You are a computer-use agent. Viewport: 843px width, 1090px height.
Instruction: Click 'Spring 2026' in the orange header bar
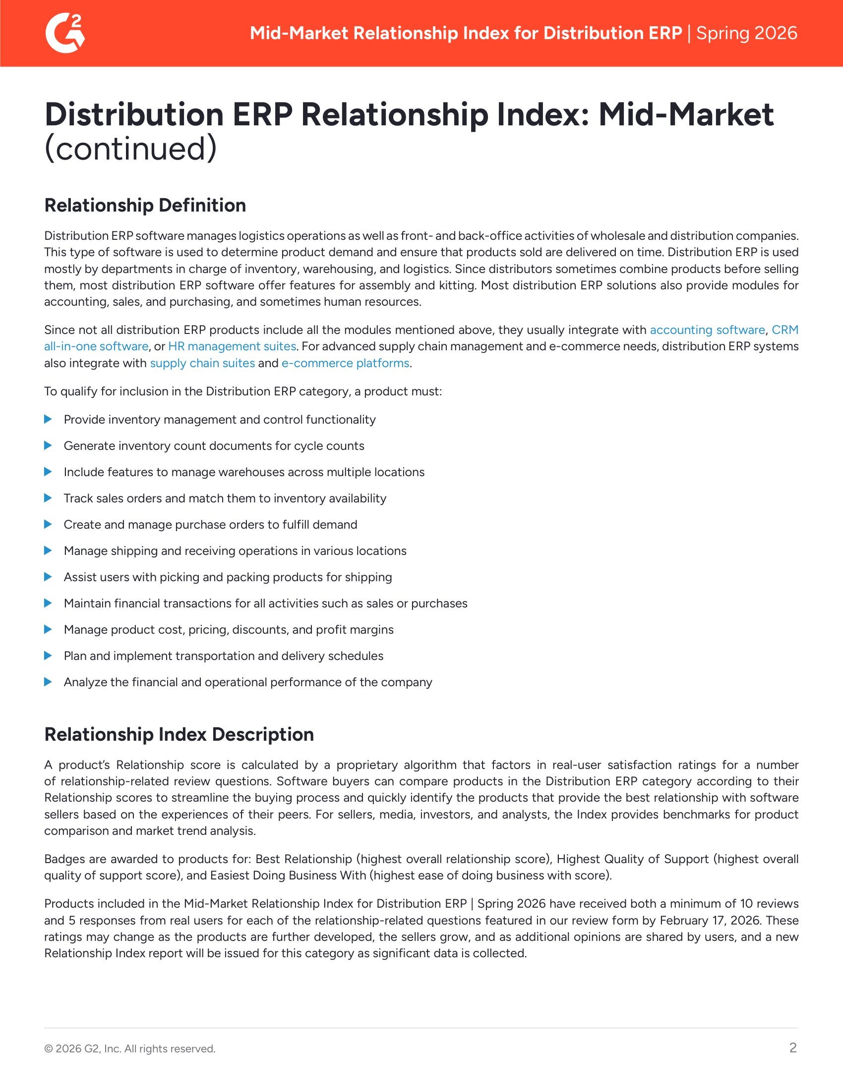(747, 33)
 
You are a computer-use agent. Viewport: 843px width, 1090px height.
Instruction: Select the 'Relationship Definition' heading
(145, 205)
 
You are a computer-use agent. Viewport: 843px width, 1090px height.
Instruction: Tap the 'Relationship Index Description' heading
(179, 734)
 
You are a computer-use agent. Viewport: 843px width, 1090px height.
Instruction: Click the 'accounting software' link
(707, 330)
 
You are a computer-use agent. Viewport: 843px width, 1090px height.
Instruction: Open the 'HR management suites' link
(232, 346)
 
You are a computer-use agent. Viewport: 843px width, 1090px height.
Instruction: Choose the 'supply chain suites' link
(202, 363)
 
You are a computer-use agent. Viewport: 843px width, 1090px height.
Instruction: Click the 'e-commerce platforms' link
(345, 363)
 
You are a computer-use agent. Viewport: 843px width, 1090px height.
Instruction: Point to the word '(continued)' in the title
(130, 148)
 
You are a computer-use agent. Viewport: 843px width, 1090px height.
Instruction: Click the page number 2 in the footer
(792, 1047)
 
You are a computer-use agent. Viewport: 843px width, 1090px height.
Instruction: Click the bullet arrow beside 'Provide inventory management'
(48, 419)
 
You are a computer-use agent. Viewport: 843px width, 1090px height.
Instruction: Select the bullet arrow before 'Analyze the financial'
(48, 682)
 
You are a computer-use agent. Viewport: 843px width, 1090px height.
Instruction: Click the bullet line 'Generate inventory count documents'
(214, 446)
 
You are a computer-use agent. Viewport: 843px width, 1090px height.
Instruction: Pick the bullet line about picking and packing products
(228, 577)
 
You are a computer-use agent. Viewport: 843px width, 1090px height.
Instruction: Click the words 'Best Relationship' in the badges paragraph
(303, 859)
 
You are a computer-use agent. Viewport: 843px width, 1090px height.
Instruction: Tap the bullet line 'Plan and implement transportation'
(223, 656)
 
